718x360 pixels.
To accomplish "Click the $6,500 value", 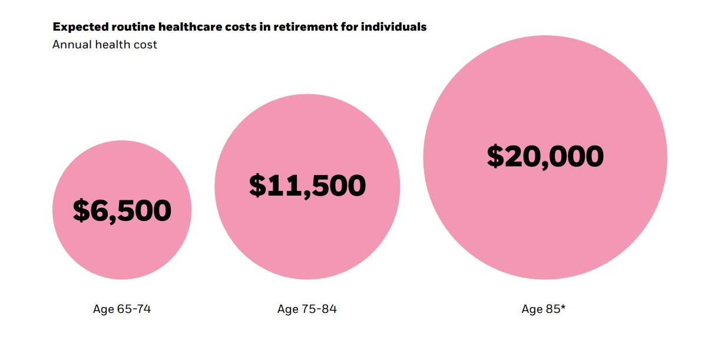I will (x=122, y=210).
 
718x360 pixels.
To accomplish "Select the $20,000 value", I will (x=545, y=156).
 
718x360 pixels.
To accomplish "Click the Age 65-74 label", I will (x=122, y=309).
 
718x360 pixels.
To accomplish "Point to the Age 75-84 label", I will (x=307, y=309).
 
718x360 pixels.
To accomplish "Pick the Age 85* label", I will (x=543, y=309).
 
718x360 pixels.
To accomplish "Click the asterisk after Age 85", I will (x=563, y=307).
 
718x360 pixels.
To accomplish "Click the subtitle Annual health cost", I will (x=105, y=44).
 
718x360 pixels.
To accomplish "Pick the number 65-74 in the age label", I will (x=134, y=309).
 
